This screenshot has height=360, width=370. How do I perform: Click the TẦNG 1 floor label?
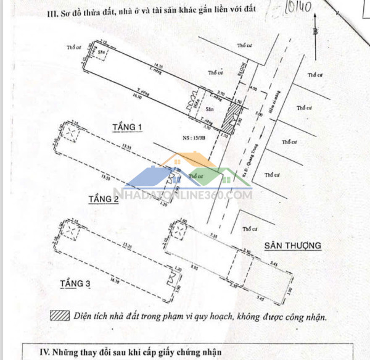click(127, 127)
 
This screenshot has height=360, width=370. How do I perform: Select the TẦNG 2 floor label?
click(103, 199)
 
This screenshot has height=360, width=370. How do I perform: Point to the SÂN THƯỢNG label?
click(293, 245)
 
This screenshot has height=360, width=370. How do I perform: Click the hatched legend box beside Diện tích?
click(60, 316)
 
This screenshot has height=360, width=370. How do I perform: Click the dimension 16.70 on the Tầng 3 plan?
click(114, 281)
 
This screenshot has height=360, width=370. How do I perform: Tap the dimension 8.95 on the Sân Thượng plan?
click(195, 268)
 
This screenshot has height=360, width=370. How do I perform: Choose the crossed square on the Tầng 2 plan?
click(73, 133)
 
